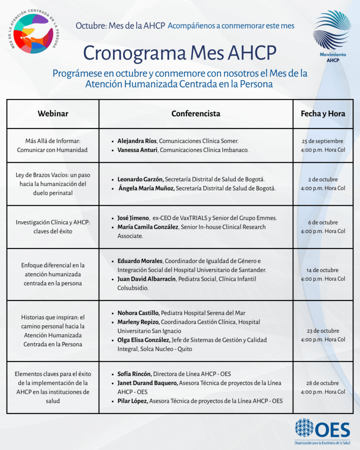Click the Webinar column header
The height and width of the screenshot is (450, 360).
[53, 113]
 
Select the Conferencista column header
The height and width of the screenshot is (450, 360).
[195, 113]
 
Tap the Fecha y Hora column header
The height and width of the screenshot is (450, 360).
[323, 113]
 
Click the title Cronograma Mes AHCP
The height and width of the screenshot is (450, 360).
[180, 53]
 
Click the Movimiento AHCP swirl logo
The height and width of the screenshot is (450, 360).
[332, 33]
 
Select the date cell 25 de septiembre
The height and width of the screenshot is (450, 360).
[322, 141]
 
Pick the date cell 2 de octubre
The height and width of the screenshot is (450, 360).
[322, 180]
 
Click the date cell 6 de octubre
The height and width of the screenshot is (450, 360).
[322, 223]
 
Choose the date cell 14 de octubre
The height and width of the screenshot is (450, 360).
[322, 270]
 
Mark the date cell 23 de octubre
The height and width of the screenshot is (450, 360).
[322, 330]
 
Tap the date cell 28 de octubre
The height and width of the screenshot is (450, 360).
[322, 383]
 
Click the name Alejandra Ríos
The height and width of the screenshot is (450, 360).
[137, 141]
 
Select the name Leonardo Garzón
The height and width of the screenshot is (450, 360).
[140, 179]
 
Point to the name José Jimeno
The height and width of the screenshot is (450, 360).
[133, 218]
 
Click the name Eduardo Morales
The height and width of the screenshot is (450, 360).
[140, 261]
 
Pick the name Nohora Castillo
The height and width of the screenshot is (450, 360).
[138, 313]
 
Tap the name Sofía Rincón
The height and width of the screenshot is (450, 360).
[134, 374]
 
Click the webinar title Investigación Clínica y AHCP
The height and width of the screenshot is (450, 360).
[52, 222]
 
